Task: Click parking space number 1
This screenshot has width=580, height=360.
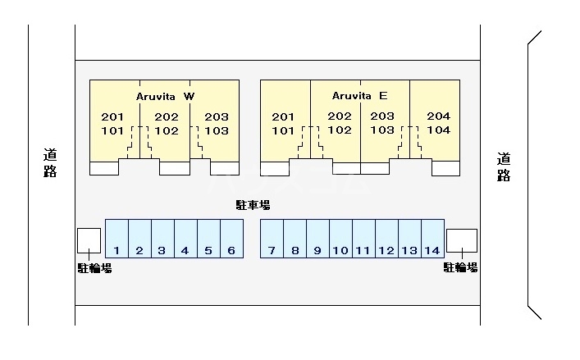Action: tap(116, 250)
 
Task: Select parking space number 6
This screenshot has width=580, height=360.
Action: tap(231, 250)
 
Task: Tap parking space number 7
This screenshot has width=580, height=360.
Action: tap(272, 250)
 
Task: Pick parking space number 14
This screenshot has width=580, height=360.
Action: tap(432, 250)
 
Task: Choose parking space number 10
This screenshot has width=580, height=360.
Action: tap(340, 250)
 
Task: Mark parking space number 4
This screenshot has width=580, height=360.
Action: tap(185, 250)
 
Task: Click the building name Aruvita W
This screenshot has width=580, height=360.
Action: tap(165, 96)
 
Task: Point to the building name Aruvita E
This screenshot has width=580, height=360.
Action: tap(359, 95)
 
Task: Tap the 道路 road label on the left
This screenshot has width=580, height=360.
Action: tap(50, 162)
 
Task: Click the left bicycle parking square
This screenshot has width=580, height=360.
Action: tap(89, 239)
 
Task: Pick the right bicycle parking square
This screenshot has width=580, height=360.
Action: tap(461, 239)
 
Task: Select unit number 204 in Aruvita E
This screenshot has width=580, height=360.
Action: tap(439, 116)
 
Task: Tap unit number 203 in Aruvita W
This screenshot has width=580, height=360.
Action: tap(217, 116)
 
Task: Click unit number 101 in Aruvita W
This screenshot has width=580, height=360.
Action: tap(112, 130)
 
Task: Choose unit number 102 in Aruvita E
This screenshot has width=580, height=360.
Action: tap(340, 130)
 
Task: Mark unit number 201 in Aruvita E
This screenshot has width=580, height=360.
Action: tap(283, 116)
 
